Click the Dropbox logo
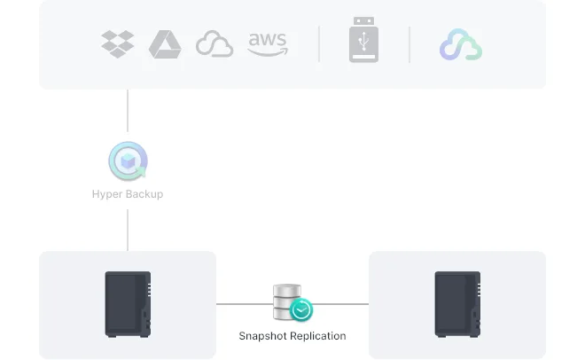(118, 44)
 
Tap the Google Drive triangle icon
(165, 44)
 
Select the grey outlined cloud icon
(214, 43)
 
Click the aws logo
(268, 44)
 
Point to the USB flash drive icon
(363, 39)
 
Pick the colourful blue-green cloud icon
(461, 44)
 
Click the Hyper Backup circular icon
(128, 160)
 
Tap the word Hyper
(106, 194)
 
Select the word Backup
(144, 194)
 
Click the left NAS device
(128, 304)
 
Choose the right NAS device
(457, 304)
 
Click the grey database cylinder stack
(287, 302)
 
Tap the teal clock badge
(301, 309)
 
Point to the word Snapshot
(262, 336)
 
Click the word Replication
(318, 336)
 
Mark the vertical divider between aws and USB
(319, 44)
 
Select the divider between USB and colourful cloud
(409, 44)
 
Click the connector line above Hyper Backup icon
(128, 111)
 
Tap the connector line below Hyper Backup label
(128, 230)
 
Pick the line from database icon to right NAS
(340, 304)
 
